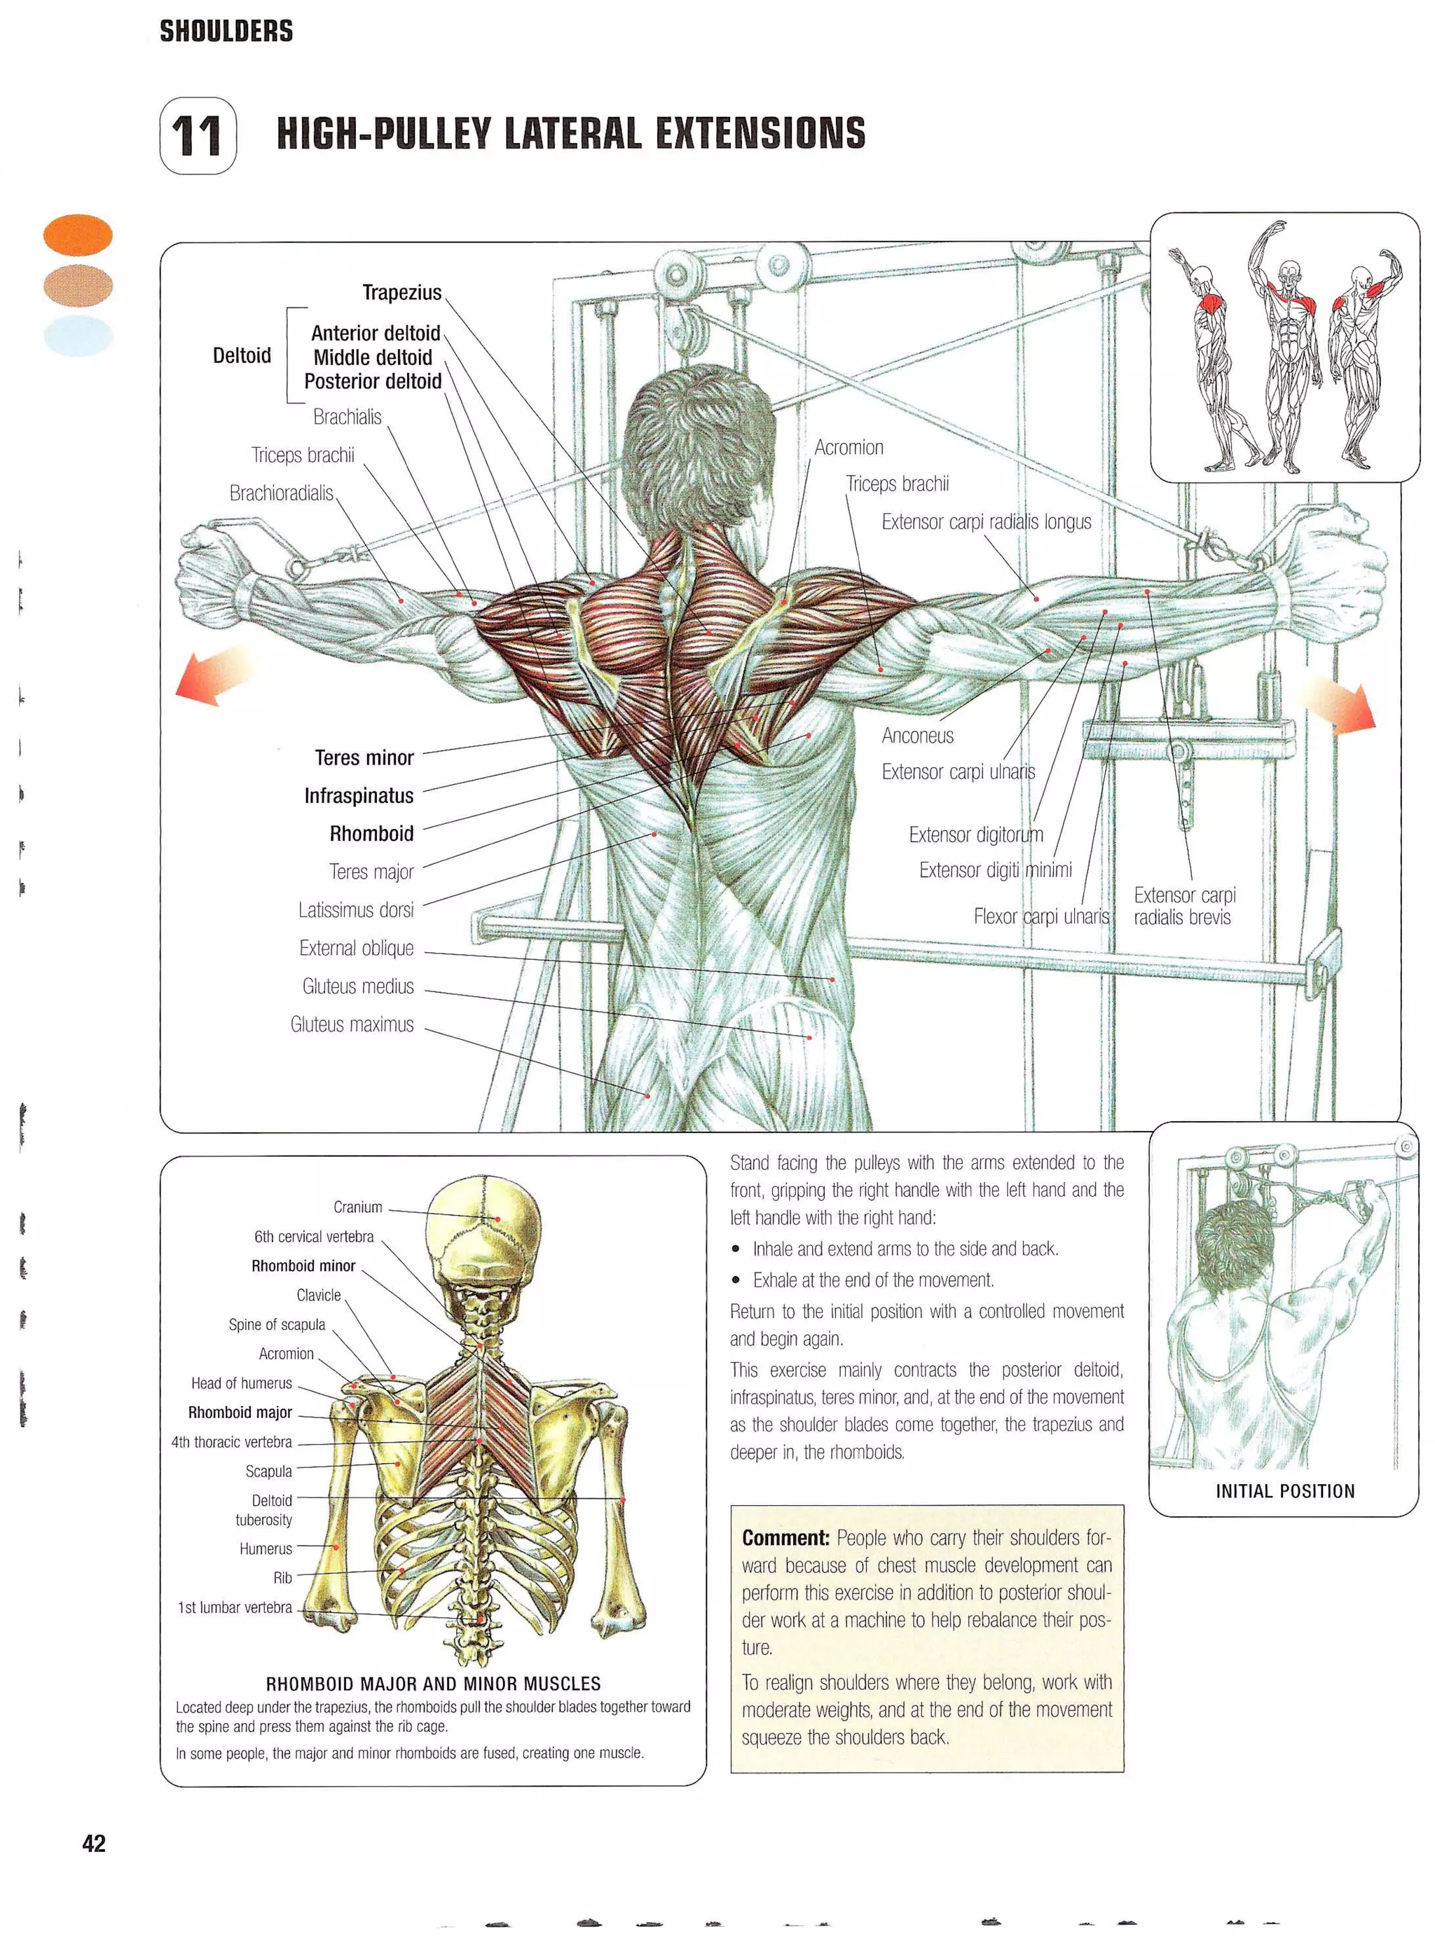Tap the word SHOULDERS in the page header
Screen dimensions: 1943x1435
(x=226, y=32)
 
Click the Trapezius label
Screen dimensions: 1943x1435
(x=401, y=293)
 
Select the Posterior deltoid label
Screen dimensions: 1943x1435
(x=372, y=381)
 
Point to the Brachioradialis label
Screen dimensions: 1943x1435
(x=280, y=493)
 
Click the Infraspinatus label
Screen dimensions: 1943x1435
(x=358, y=795)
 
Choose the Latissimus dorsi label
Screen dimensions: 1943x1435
(x=355, y=910)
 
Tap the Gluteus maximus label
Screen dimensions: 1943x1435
(x=352, y=1025)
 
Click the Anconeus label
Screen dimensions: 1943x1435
(x=917, y=736)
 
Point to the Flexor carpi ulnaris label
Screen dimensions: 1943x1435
(x=1041, y=916)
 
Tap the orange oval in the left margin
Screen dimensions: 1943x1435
(x=78, y=235)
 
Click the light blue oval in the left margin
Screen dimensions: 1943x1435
(x=78, y=336)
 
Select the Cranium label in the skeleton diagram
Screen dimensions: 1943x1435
(x=357, y=1207)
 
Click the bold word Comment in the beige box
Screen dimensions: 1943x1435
(x=785, y=1538)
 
